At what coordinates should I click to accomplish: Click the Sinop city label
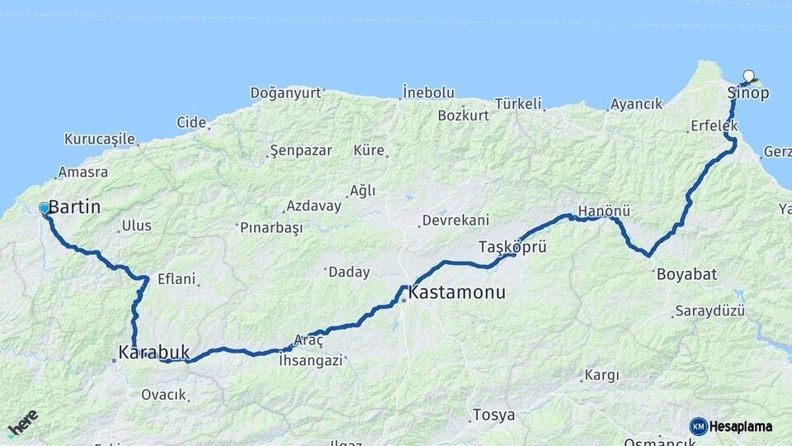tap(748, 93)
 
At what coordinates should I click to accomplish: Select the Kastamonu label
tap(457, 292)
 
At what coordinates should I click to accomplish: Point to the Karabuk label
tap(148, 353)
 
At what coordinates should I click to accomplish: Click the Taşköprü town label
tap(512, 247)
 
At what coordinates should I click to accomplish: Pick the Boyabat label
tap(686, 274)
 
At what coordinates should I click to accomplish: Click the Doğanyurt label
tap(285, 93)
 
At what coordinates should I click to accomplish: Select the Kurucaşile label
tap(99, 139)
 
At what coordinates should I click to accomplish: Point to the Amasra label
tap(82, 173)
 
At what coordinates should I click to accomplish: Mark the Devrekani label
tap(455, 221)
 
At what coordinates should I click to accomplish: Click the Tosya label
tap(493, 415)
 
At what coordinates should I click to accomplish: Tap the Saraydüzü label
tap(709, 311)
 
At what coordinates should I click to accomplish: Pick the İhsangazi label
tap(309, 360)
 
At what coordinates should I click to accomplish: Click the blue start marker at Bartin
tap(45, 209)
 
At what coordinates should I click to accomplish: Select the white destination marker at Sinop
tap(748, 76)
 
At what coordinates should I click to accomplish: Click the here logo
tap(22, 424)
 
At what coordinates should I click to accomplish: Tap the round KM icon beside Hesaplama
tap(698, 426)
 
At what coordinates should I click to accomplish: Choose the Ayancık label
tap(635, 105)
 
